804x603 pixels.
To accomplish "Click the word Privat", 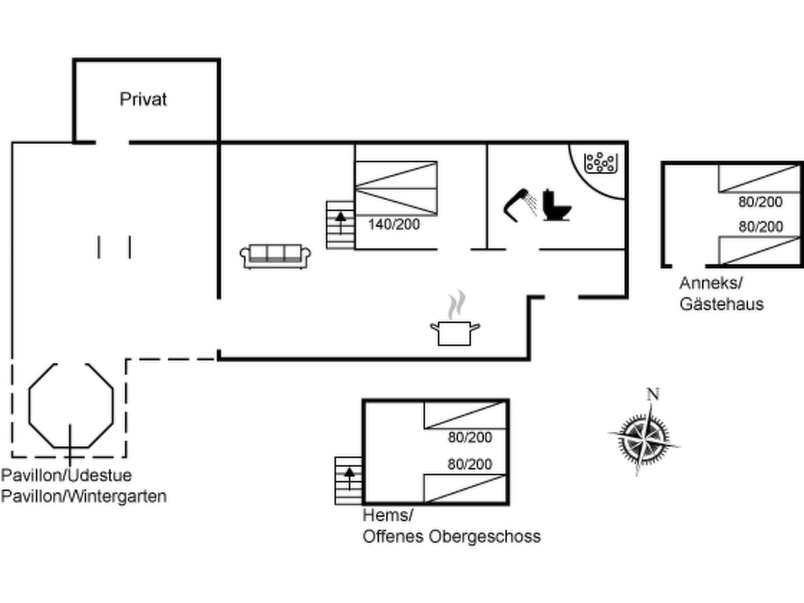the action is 143,99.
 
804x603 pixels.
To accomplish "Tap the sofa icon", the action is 275,257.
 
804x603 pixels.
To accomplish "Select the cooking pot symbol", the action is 455,319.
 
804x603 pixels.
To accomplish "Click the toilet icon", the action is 556,205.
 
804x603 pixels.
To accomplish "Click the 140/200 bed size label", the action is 394,225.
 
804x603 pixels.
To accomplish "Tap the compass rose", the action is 644,439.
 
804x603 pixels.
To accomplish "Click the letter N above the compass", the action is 653,394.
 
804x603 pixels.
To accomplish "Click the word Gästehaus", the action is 722,304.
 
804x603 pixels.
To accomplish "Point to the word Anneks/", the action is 711,283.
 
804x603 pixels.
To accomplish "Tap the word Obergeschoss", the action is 484,536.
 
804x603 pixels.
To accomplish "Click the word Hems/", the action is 388,515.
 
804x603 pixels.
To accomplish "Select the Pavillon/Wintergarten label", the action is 84,497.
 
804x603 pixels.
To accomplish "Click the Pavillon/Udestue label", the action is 66,475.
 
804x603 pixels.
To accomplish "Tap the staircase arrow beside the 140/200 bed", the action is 340,223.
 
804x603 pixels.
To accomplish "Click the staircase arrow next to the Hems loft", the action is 349,478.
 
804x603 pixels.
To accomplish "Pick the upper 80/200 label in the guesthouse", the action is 760,202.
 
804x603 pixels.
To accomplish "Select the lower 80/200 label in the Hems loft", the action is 470,464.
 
